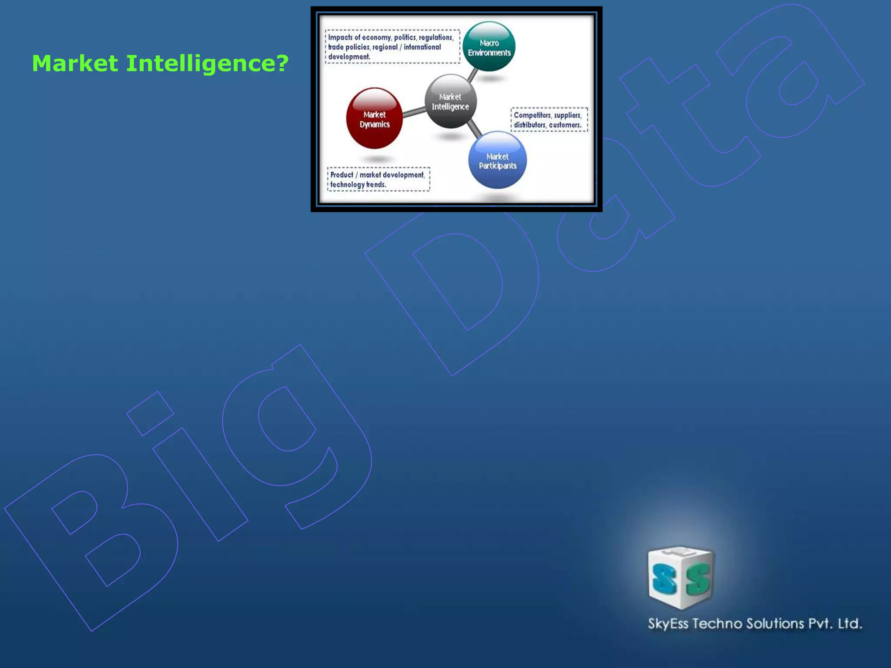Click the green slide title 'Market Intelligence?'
(x=160, y=63)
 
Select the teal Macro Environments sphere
(x=489, y=47)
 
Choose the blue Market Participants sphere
(x=497, y=160)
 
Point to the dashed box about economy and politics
(x=392, y=47)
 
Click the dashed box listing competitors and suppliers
(x=549, y=120)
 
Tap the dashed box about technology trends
(x=379, y=179)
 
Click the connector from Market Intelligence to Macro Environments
(x=472, y=75)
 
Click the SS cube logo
(x=680, y=578)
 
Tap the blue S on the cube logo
(x=664, y=579)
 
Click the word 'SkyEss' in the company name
(x=668, y=624)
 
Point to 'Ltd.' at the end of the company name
(x=850, y=624)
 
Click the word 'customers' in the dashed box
(x=565, y=125)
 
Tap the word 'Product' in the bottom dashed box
(x=342, y=175)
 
